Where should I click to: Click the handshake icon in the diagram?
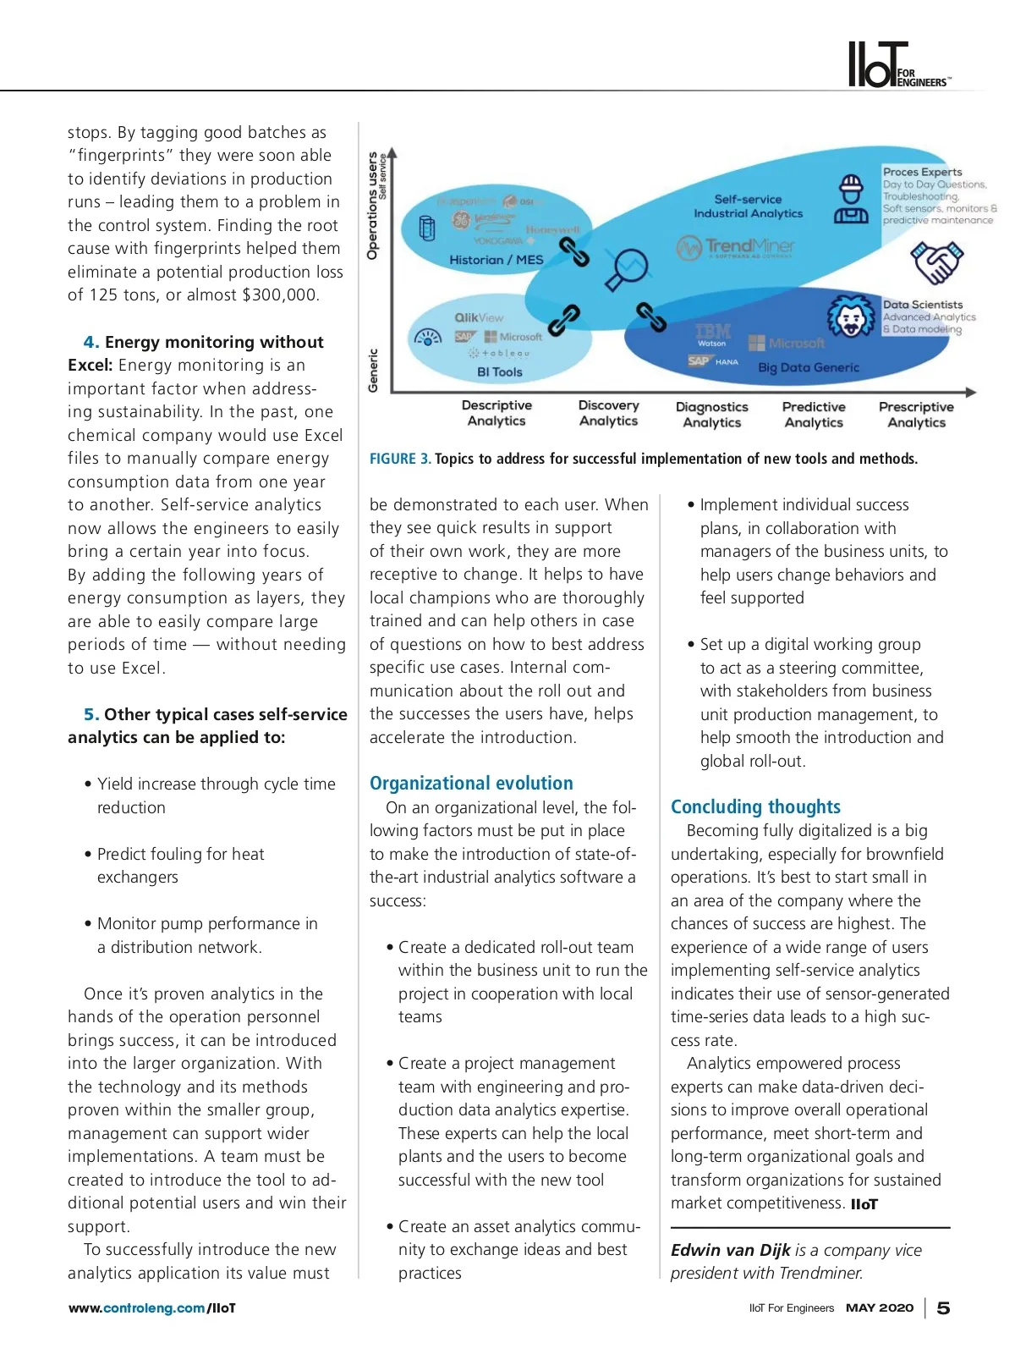(936, 262)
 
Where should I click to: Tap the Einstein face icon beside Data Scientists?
(851, 317)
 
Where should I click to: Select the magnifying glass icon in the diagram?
(628, 268)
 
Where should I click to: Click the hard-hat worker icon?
(851, 200)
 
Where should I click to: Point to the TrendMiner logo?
(736, 246)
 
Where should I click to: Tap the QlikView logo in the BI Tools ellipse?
(479, 317)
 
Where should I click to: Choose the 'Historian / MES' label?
(497, 260)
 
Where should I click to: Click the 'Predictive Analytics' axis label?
(814, 415)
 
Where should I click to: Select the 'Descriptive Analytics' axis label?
(497, 413)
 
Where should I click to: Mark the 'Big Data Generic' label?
(809, 367)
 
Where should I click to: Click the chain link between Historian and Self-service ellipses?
(575, 251)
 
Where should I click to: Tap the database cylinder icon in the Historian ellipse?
(428, 228)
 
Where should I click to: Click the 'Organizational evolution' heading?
(471, 783)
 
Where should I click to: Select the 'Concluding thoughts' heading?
(755, 806)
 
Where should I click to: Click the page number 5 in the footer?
(944, 1308)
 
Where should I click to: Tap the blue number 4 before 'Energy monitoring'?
(91, 342)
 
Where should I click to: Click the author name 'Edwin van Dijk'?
(730, 1250)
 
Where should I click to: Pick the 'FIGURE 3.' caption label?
(400, 459)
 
